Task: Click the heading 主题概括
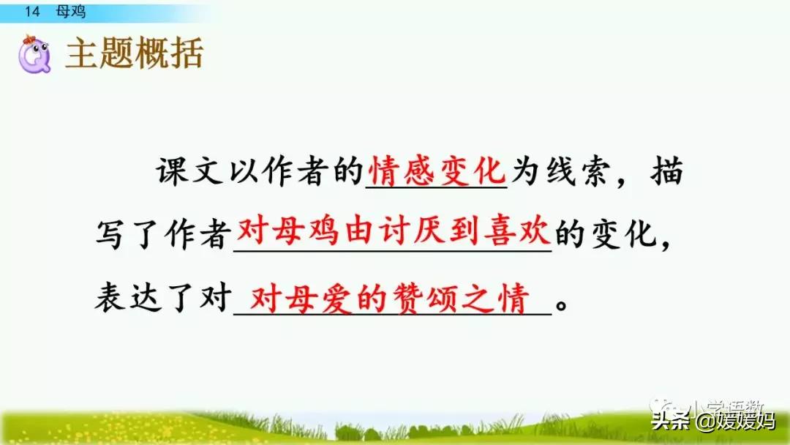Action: pyautogui.click(x=134, y=53)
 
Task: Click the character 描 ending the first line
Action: pyautogui.click(x=667, y=173)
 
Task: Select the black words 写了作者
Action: pyautogui.click(x=162, y=236)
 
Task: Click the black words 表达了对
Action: pyautogui.click(x=162, y=300)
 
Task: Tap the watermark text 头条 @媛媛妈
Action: pyautogui.click(x=713, y=422)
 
